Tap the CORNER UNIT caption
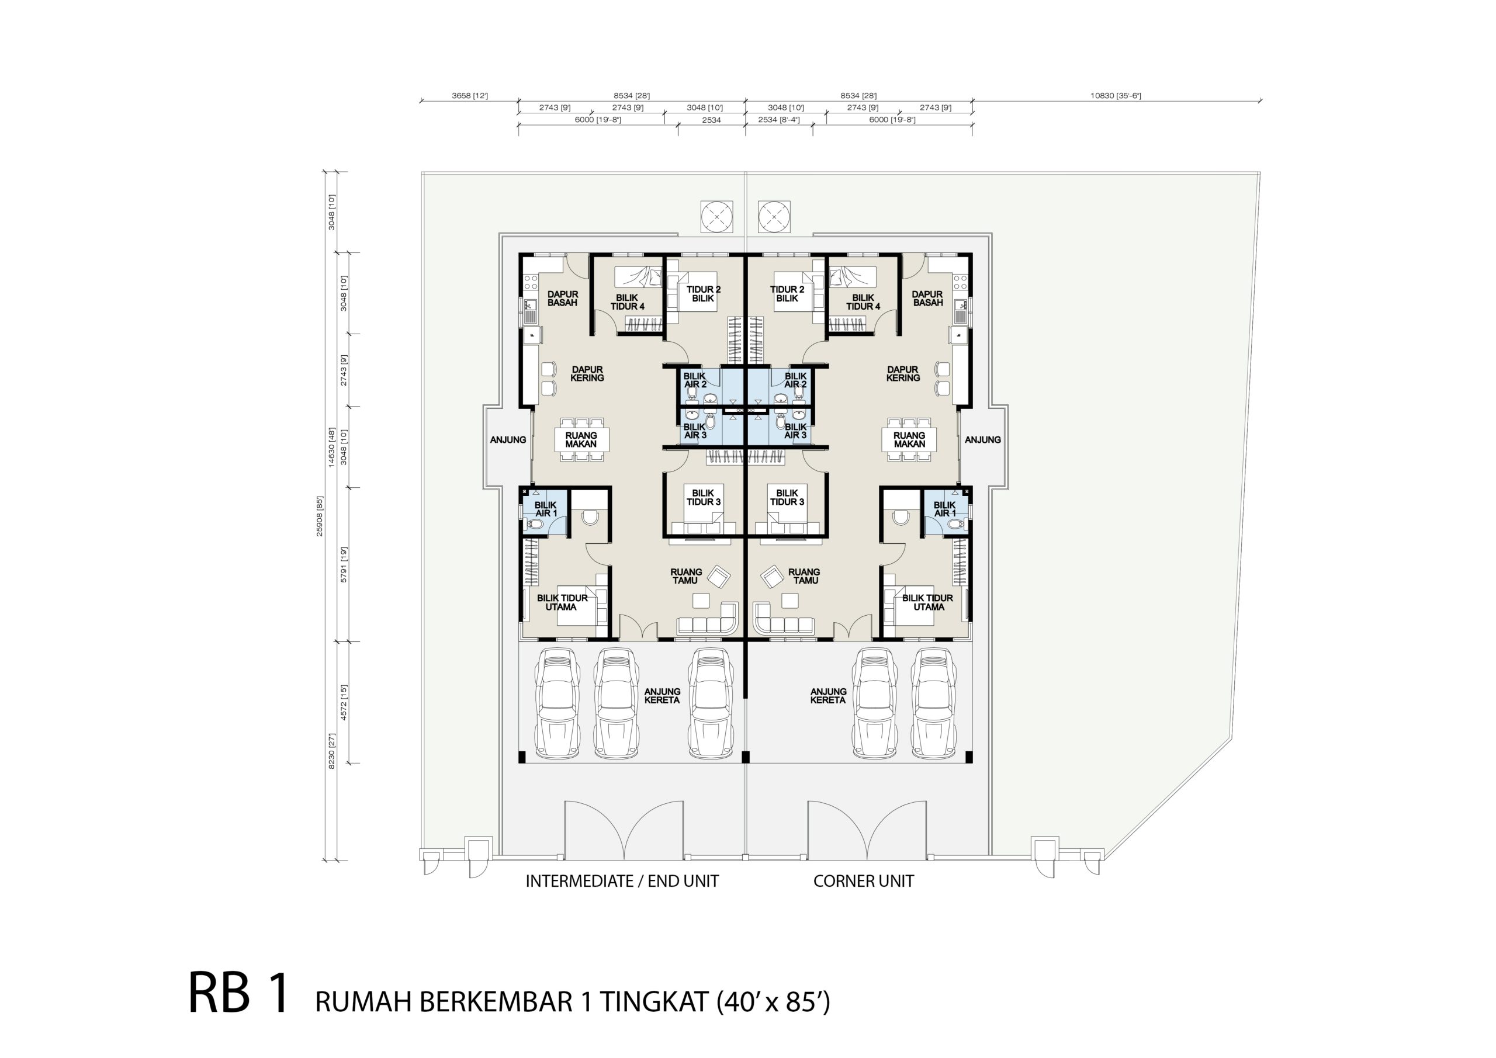863,882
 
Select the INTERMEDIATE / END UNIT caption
622,882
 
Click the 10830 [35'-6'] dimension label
1116,96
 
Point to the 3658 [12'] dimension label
470,96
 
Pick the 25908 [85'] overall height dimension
320,516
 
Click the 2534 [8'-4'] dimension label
778,120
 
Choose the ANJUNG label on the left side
508,440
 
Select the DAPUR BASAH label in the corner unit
927,299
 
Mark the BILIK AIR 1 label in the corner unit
945,509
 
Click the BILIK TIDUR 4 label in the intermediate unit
628,302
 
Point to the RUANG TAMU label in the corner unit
804,576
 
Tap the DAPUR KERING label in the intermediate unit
587,373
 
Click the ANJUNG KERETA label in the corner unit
828,696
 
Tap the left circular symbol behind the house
716,216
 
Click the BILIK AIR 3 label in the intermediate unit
695,431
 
